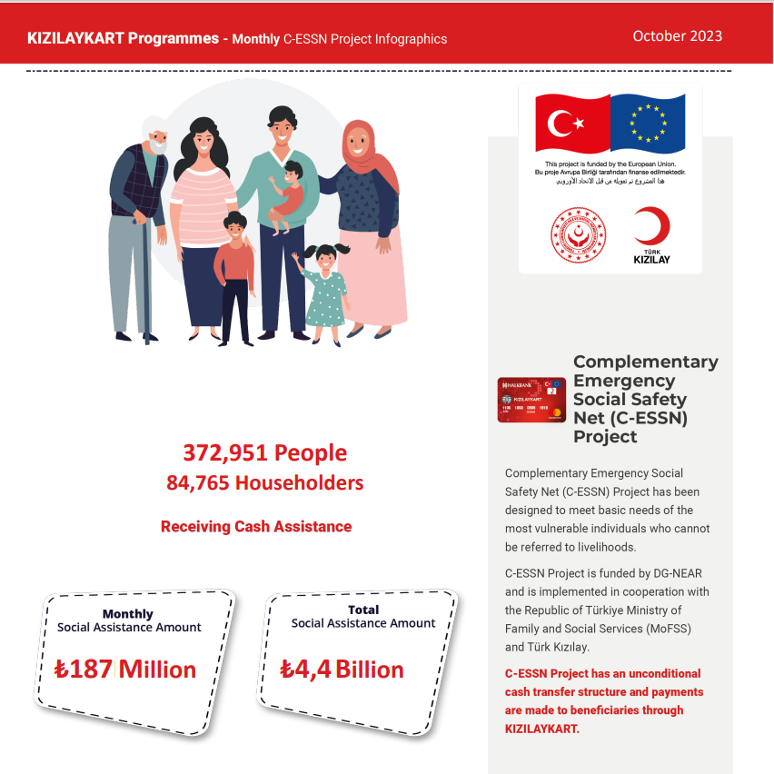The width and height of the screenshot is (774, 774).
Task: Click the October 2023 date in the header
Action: click(677, 36)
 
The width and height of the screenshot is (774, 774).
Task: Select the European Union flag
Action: click(648, 123)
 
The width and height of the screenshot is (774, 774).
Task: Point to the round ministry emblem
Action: click(578, 234)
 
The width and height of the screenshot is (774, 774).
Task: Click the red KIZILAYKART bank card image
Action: click(531, 401)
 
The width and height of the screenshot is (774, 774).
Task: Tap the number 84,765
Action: click(197, 483)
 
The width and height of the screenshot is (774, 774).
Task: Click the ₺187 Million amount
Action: click(125, 670)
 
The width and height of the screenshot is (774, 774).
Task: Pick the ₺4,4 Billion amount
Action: click(342, 670)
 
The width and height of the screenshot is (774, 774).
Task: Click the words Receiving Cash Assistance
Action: click(256, 526)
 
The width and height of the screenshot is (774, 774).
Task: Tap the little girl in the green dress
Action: click(324, 291)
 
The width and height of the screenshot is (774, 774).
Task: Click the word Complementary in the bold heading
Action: click(645, 362)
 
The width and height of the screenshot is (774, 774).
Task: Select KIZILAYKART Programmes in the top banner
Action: click(123, 39)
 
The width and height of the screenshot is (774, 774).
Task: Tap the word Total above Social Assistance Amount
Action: click(363, 610)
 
